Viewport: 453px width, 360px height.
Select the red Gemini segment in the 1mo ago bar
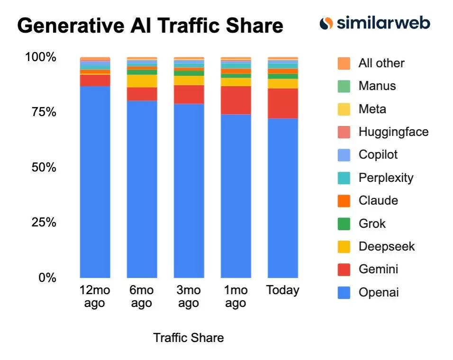pyautogui.click(x=236, y=100)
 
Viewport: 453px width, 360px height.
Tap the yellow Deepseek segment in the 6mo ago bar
pyautogui.click(x=142, y=81)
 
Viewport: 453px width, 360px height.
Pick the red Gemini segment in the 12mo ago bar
pyautogui.click(x=95, y=80)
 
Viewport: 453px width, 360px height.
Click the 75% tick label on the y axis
pyautogui.click(x=40, y=112)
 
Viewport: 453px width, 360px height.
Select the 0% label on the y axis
pyautogui.click(x=46, y=278)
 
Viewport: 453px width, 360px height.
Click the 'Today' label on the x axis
pyautogui.click(x=283, y=290)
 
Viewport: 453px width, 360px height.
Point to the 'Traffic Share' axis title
pyautogui.click(x=188, y=338)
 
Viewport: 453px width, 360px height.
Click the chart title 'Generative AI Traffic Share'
pyautogui.click(x=150, y=26)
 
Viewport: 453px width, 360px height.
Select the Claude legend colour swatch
pyautogui.click(x=344, y=201)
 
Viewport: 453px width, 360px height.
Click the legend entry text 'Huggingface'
pyautogui.click(x=393, y=132)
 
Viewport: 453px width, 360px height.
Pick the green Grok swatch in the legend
pyautogui.click(x=344, y=224)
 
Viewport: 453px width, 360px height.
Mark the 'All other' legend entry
pyautogui.click(x=381, y=63)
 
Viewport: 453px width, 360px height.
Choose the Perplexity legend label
pyautogui.click(x=386, y=178)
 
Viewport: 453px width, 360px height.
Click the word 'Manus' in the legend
pyautogui.click(x=377, y=86)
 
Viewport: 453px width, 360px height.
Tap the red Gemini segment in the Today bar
pyautogui.click(x=283, y=103)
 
